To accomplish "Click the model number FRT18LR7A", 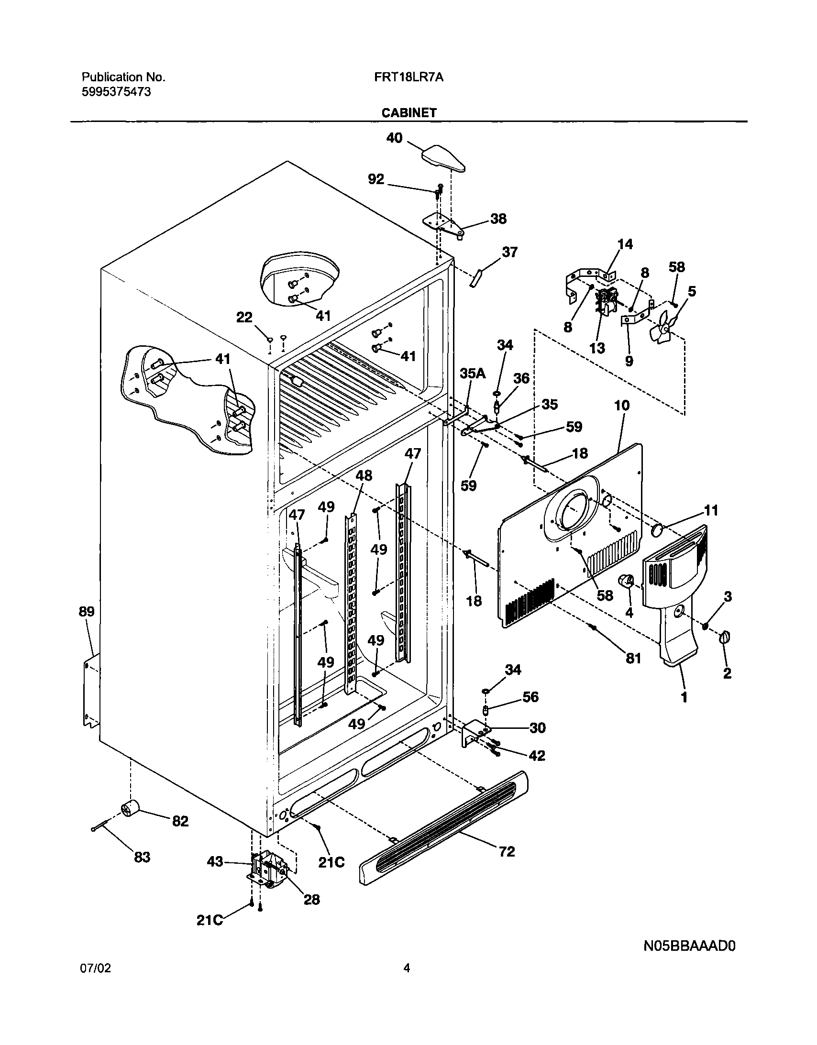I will point(409,77).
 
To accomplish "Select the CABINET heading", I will point(409,113).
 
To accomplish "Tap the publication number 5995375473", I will point(116,92).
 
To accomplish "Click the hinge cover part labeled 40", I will point(443,159).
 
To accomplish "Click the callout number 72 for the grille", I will point(507,851).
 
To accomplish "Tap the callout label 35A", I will point(473,374).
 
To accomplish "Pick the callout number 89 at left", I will point(87,612).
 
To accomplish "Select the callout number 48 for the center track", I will point(364,475).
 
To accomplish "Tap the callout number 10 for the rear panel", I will point(622,406).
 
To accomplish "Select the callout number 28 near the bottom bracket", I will point(311,900).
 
